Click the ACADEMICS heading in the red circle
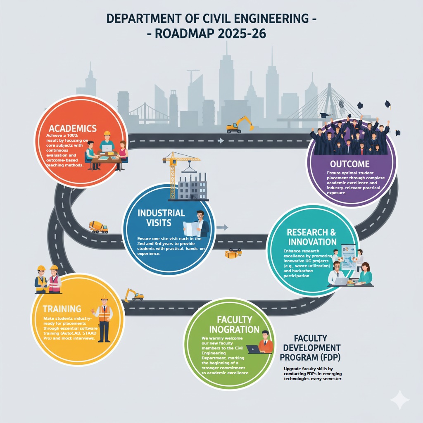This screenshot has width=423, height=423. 72,128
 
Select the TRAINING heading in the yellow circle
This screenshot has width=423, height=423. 62,308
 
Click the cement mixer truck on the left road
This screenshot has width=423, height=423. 98,226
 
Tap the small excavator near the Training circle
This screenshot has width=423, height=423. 134,295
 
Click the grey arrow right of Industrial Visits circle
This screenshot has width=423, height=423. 223,227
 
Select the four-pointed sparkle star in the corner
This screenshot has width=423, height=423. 399,400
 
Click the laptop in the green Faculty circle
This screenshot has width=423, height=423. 254,349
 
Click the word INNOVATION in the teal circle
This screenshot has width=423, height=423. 313,242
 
